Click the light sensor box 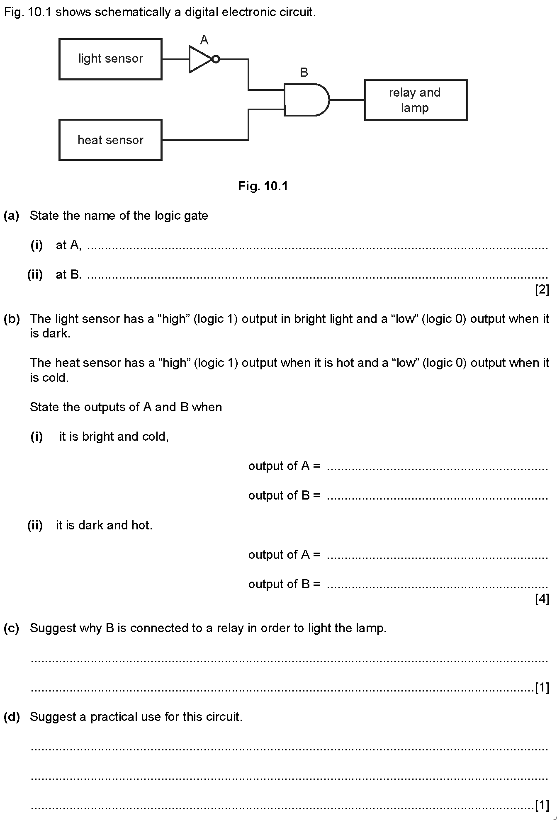pos(110,59)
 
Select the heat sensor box pos(110,140)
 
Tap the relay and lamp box pos(416,100)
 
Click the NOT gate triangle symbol pos(200,59)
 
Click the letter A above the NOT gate pos(204,40)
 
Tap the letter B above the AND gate pos(304,73)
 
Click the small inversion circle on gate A pos(216,59)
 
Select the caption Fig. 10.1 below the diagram pos(263,186)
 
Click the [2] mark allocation pos(542,289)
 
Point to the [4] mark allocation pos(542,599)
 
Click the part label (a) pos(12,216)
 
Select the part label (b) pos(12,319)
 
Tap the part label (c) pos(12,628)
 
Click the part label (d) pos(12,717)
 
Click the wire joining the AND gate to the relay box pos(347,100)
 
